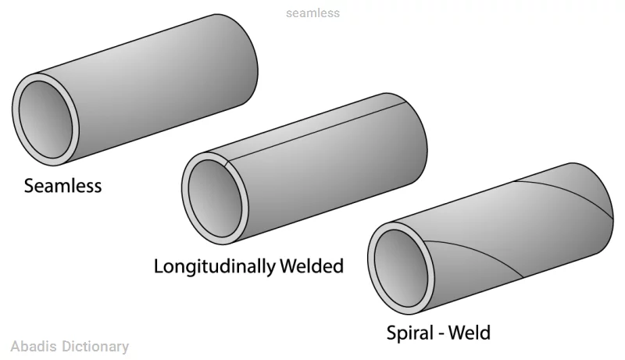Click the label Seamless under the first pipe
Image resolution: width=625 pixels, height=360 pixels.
point(62,186)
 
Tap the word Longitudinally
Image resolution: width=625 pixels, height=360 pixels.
point(214,266)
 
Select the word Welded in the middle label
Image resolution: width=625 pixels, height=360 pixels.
point(311,266)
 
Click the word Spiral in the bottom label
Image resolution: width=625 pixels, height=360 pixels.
point(410,333)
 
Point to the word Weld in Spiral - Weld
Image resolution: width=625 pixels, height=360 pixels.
point(470,333)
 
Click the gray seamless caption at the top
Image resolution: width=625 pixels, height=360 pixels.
point(313,13)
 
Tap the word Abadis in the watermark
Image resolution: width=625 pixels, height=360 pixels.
point(34,347)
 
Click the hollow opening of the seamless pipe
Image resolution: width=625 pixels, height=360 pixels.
point(45,119)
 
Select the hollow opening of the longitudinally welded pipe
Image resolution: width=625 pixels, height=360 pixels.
point(215,198)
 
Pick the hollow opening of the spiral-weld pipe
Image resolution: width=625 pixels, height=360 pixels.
point(401,269)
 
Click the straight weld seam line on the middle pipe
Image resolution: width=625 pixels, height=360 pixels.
point(316,132)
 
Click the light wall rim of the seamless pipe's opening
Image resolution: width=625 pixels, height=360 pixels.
point(15,119)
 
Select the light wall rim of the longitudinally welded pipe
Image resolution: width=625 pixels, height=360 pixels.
point(184,198)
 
